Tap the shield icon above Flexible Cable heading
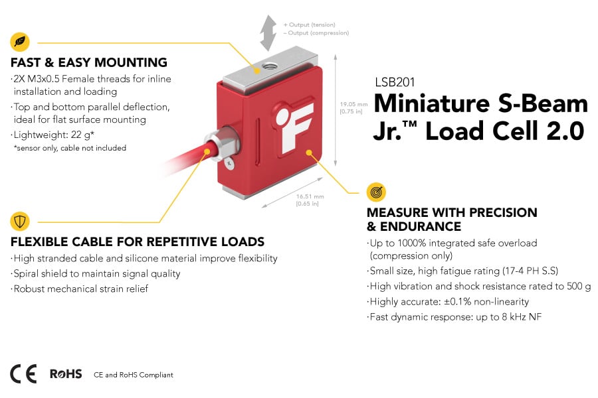(x=20, y=221)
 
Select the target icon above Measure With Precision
(x=376, y=192)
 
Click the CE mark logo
(x=23, y=374)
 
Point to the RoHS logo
(x=66, y=374)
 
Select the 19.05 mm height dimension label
(x=353, y=107)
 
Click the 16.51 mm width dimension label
(x=310, y=200)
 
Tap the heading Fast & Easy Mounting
(x=88, y=63)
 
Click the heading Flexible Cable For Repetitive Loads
(x=138, y=241)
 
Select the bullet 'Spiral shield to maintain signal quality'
(x=96, y=273)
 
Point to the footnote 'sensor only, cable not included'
(x=70, y=148)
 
